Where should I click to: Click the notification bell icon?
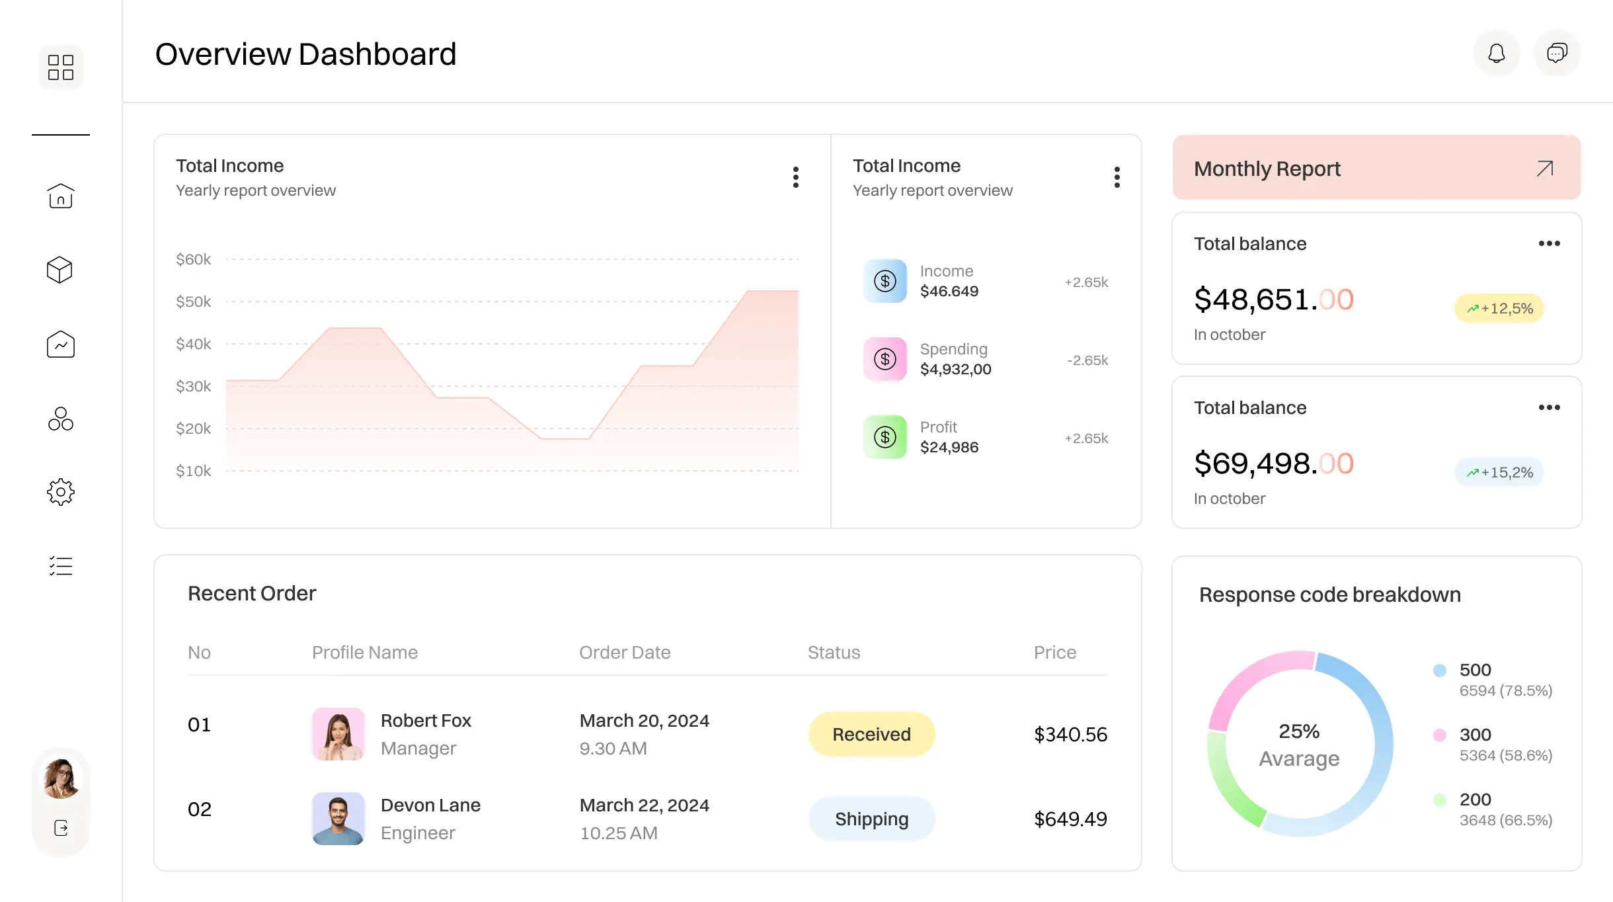pos(1496,53)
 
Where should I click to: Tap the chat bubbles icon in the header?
pos(1557,53)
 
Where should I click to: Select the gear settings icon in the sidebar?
pos(60,492)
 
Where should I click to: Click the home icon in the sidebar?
pos(60,196)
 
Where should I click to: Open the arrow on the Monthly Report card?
pos(1544,169)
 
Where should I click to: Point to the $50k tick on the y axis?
pos(193,302)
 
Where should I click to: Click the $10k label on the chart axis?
pos(193,471)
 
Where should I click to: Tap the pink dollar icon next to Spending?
pos(885,359)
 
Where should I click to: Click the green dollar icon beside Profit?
pos(885,437)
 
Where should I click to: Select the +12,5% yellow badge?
pos(1499,308)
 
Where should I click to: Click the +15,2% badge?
pos(1499,472)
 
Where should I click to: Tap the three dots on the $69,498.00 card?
pos(1549,407)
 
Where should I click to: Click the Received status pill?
pos(871,734)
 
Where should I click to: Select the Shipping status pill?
pos(871,819)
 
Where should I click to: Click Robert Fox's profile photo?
pos(338,734)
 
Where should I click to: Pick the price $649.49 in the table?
pos(1070,819)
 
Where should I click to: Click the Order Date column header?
pos(625,652)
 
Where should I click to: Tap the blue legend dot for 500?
pos(1439,671)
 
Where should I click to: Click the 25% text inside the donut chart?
pos(1298,731)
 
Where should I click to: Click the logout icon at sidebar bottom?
pos(61,828)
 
